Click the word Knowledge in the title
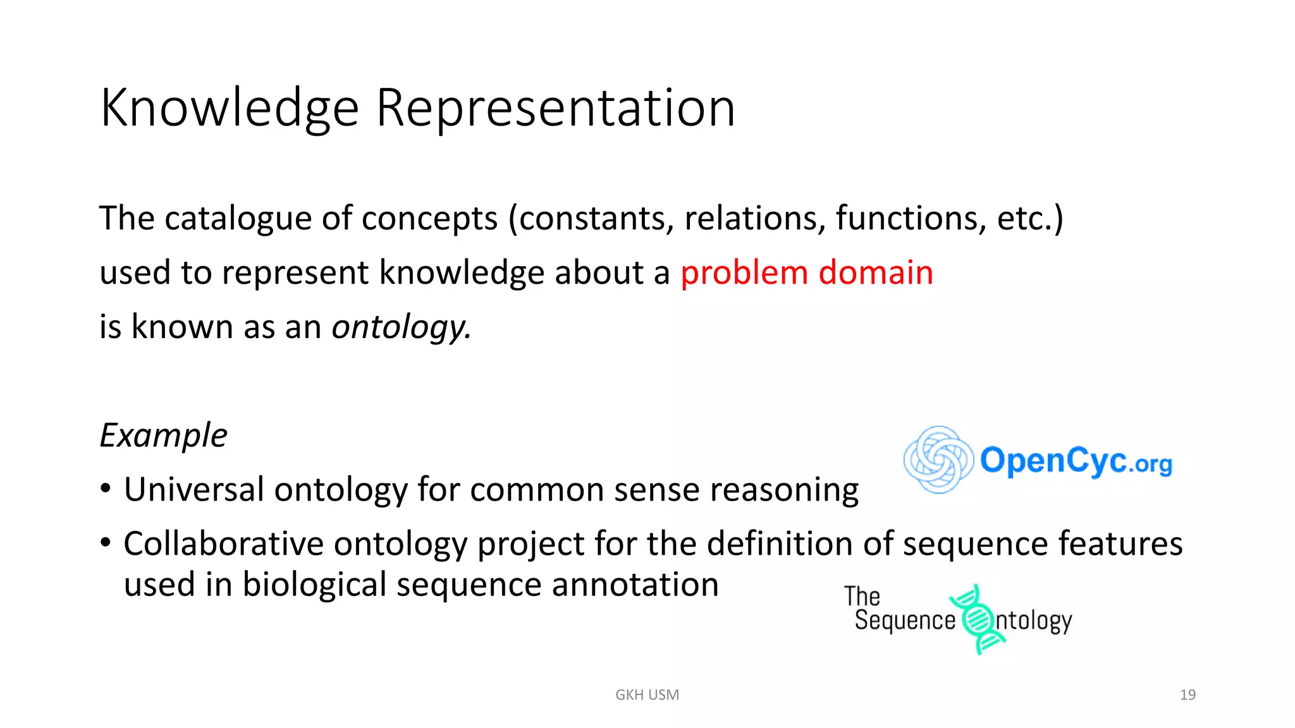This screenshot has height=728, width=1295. point(230,109)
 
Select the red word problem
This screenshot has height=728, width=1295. point(744,274)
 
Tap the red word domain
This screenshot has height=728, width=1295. point(876,272)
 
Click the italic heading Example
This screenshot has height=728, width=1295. point(163,435)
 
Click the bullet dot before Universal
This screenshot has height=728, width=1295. point(106,488)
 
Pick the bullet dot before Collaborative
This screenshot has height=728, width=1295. point(106,543)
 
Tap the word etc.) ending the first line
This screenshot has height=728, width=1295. point(1029,219)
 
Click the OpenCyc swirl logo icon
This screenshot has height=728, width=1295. point(938,459)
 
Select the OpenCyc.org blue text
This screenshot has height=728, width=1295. point(1076,461)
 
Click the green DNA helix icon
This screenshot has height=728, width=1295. point(977,619)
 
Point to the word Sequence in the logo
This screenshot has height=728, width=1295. point(904,621)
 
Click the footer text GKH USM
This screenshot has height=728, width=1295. point(647,695)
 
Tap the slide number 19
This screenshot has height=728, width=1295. point(1188,695)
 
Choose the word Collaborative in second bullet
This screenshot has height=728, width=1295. point(223,543)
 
